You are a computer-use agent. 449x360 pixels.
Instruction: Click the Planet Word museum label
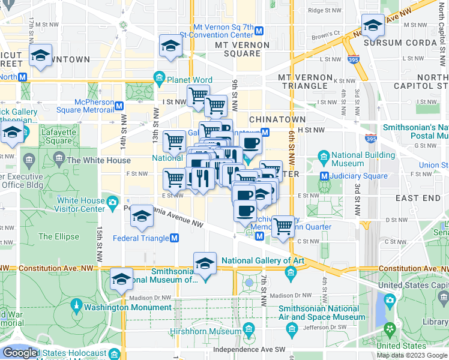[x=190, y=80]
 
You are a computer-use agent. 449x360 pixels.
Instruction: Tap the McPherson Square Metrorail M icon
[x=119, y=106]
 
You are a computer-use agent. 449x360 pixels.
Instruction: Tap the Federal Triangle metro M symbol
[x=175, y=238]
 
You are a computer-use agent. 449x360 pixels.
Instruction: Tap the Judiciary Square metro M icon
[x=324, y=176]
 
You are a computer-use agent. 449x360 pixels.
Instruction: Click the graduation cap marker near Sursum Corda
[x=373, y=26]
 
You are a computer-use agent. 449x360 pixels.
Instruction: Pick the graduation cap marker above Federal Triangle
[x=142, y=217]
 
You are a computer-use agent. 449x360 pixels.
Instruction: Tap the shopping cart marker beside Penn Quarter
[x=283, y=227]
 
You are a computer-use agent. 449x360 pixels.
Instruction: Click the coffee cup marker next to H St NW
[x=250, y=143]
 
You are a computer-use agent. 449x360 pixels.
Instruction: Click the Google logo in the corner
[x=19, y=353]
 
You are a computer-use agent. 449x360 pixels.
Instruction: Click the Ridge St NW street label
[x=324, y=10]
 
